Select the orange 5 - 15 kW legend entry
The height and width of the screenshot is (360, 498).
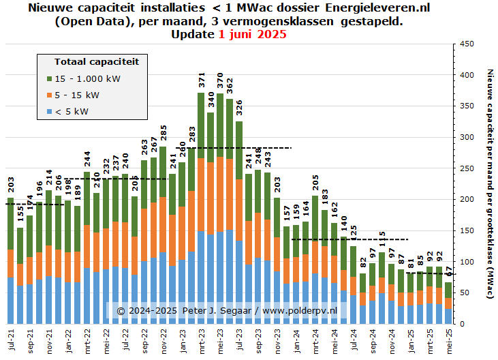click(x=76, y=95)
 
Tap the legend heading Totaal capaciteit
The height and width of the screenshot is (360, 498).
click(x=96, y=61)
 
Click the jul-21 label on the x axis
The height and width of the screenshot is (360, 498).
click(x=11, y=339)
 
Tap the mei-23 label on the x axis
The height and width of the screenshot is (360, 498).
click(x=220, y=340)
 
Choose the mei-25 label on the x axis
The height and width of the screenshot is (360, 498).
click(x=448, y=340)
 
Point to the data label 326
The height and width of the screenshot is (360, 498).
click(x=239, y=109)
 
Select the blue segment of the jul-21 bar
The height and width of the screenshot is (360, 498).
click(x=10, y=300)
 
